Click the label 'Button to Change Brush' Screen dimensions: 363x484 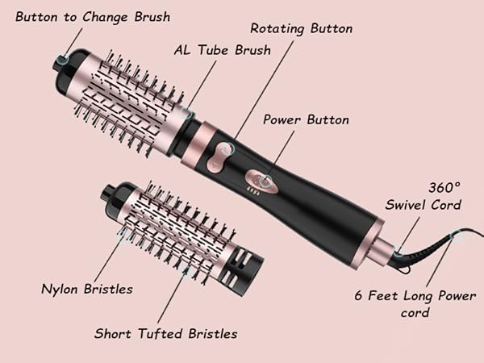pyautogui.click(x=82, y=16)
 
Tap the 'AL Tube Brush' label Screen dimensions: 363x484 pyautogui.click(x=222, y=50)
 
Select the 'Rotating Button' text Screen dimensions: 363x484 pyautogui.click(x=301, y=28)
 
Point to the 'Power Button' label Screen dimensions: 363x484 pyautogui.click(x=306, y=119)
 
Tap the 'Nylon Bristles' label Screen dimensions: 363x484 pyautogui.click(x=86, y=288)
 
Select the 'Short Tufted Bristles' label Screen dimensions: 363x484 pyautogui.click(x=165, y=332)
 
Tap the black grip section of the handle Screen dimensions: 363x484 pyautogui.click(x=323, y=202)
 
